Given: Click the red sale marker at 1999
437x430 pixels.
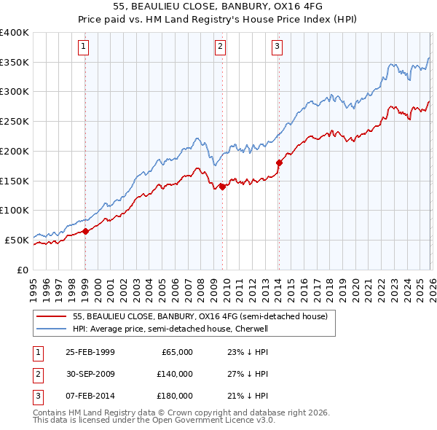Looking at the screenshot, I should (x=85, y=231).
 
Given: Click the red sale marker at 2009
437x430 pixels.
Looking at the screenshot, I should (x=222, y=187).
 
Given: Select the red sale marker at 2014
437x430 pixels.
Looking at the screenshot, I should (x=279, y=163).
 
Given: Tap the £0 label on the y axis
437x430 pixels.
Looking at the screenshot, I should (x=22, y=269).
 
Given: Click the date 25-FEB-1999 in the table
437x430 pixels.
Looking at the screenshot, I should (x=90, y=352).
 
